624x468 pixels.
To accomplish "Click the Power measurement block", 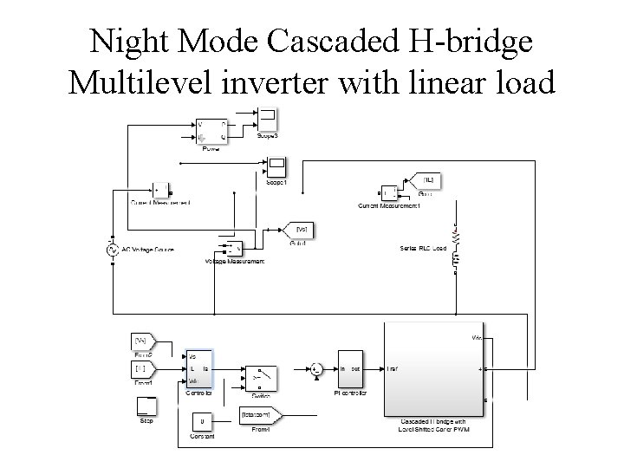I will [x=211, y=131].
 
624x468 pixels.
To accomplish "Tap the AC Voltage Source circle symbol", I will [x=112, y=250].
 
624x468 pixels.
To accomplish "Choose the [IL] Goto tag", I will [x=428, y=180].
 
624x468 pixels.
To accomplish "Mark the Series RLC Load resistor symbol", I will [x=456, y=235].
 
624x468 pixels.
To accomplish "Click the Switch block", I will [x=262, y=377].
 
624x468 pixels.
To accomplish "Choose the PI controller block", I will [x=351, y=371].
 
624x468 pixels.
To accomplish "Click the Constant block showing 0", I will [x=202, y=422].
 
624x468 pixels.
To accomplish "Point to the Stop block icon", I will [x=146, y=406].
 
